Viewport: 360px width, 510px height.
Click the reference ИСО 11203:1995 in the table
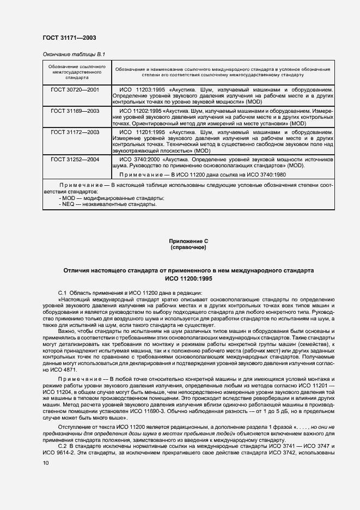pyautogui.click(x=142, y=88)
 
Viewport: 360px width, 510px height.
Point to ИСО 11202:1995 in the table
pyautogui.click(x=142, y=111)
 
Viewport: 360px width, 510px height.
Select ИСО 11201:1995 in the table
pyautogui.click(x=142, y=132)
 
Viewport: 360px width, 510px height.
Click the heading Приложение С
pyautogui.click(x=188, y=241)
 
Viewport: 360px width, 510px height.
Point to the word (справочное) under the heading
pyautogui.click(x=188, y=247)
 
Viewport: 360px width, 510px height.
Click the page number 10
pyautogui.click(x=46, y=462)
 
